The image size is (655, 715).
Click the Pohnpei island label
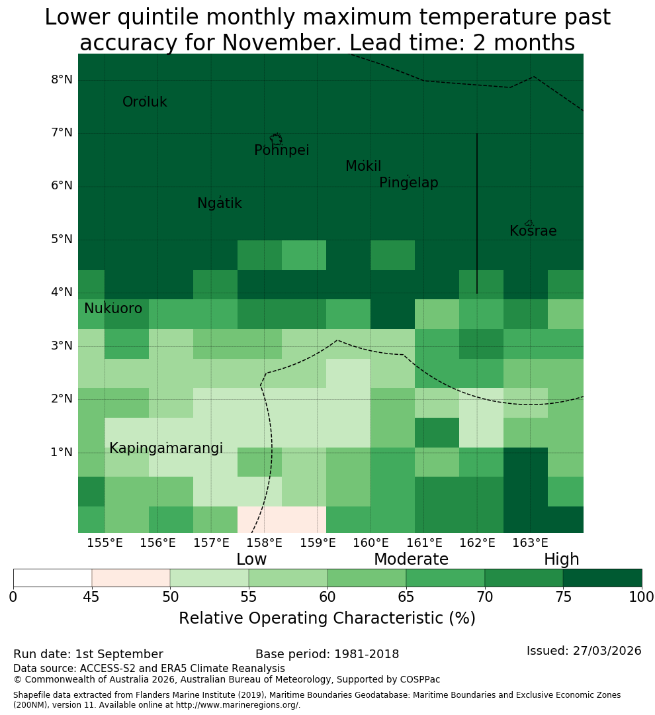click(281, 150)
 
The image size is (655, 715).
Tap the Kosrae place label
click(533, 231)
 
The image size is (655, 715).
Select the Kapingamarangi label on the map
click(166, 448)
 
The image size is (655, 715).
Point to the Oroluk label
click(144, 101)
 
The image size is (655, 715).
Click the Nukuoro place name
click(113, 309)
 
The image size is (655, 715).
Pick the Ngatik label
click(219, 203)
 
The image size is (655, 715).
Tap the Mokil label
click(363, 166)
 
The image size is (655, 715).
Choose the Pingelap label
click(408, 183)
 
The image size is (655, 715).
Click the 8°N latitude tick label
click(62, 80)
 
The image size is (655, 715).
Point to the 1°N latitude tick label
click(62, 452)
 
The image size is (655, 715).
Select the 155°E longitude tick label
click(105, 543)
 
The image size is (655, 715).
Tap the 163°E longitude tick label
click(530, 543)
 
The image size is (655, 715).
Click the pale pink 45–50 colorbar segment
click(131, 578)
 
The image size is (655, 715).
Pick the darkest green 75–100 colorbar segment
click(602, 578)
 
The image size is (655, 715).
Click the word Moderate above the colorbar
click(411, 559)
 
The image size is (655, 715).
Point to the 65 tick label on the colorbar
click(406, 596)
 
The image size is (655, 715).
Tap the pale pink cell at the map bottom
click(282, 520)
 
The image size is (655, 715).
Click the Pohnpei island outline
click(276, 139)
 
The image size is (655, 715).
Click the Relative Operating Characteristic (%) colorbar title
click(327, 618)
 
